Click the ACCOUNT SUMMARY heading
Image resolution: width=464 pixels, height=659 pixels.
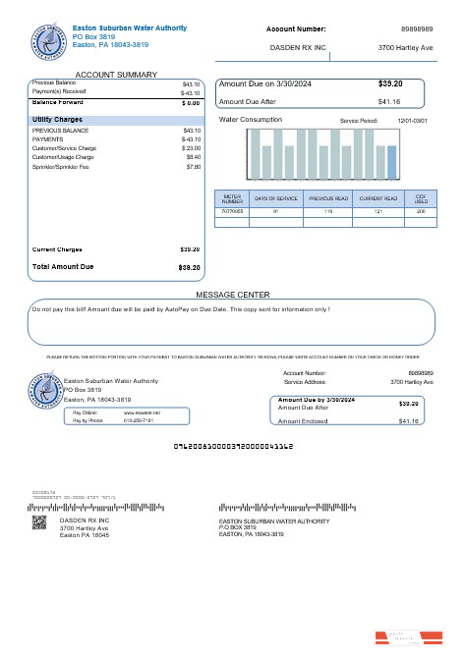pyautogui.click(x=116, y=75)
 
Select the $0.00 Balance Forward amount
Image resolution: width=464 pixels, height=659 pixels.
pyautogui.click(x=191, y=102)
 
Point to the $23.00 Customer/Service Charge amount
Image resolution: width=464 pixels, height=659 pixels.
pyautogui.click(x=191, y=147)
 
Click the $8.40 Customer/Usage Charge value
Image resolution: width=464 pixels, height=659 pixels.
pyautogui.click(x=193, y=157)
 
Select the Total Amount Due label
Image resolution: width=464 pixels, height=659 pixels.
pyautogui.click(x=63, y=267)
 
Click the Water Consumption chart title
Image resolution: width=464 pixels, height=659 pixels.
pyautogui.click(x=250, y=120)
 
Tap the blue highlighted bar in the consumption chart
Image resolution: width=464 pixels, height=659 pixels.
pyautogui.click(x=392, y=163)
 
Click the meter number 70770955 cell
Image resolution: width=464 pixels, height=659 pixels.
pyautogui.click(x=232, y=211)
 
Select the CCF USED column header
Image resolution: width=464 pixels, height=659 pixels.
pyautogui.click(x=420, y=199)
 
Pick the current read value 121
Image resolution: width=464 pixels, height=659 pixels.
pyautogui.click(x=378, y=211)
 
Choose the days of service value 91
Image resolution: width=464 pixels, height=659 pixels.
pyautogui.click(x=275, y=211)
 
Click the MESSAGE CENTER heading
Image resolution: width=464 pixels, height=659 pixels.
pyautogui.click(x=233, y=295)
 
